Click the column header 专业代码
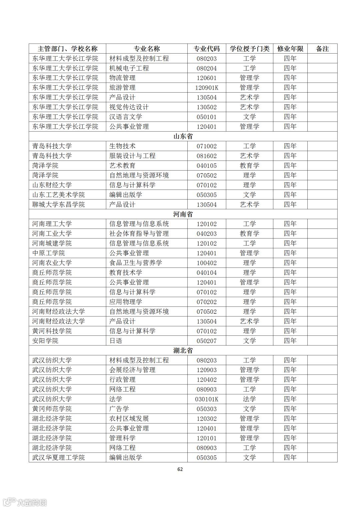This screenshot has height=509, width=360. pyautogui.click(x=207, y=49)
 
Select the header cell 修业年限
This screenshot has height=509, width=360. pyautogui.click(x=290, y=49)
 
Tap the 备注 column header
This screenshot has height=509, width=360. pyautogui.click(x=322, y=49)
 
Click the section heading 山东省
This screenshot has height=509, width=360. pyautogui.click(x=183, y=136)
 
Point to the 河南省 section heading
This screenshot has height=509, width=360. pyautogui.click(x=183, y=214)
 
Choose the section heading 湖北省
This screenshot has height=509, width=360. pyautogui.click(x=183, y=350)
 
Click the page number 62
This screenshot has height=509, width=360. pyautogui.click(x=180, y=469)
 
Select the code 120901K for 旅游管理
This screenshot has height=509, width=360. pyautogui.click(x=207, y=88)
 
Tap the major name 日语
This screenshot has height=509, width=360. pyautogui.click(x=116, y=341)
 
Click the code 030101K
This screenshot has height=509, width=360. pyautogui.click(x=207, y=399)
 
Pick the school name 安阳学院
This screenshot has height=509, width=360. pyautogui.click(x=45, y=341)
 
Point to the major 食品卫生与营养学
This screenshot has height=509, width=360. pyautogui.click(x=136, y=263)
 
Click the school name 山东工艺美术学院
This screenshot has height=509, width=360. pyautogui.click(x=59, y=195)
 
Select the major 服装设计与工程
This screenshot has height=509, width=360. pyautogui.click(x=132, y=156)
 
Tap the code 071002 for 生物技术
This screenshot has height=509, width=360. pyautogui.click(x=207, y=146)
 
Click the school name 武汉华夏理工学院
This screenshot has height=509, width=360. pyautogui.click(x=59, y=457)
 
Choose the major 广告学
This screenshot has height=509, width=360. pyautogui.click(x=119, y=409)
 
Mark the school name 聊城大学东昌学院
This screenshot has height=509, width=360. pyautogui.click(x=59, y=205)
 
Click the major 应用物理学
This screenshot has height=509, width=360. pyautogui.click(x=126, y=302)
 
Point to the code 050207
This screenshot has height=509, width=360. pyautogui.click(x=207, y=341)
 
